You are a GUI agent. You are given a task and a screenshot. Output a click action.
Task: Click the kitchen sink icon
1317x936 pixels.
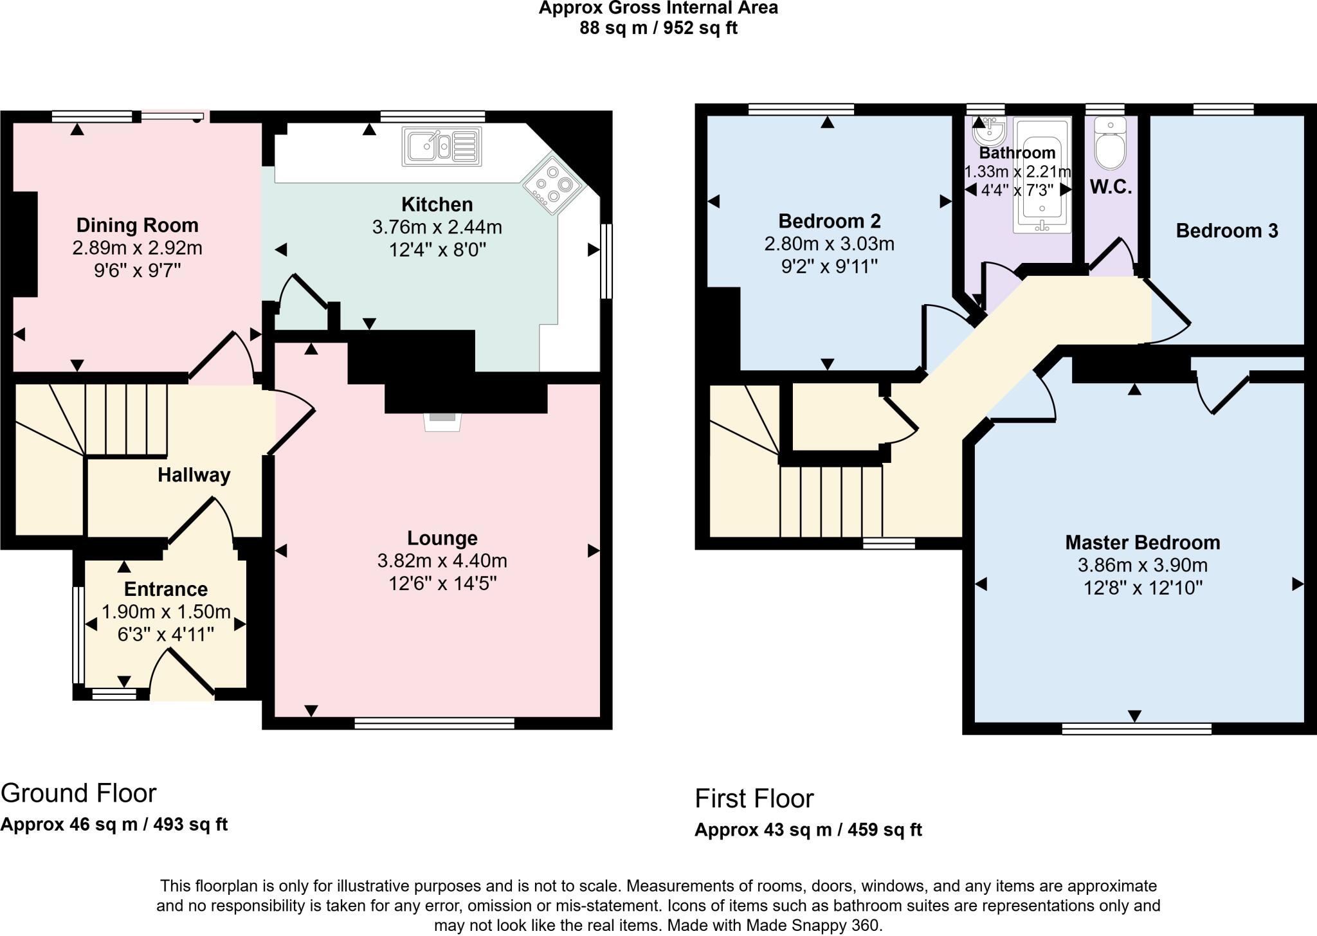pos(442,147)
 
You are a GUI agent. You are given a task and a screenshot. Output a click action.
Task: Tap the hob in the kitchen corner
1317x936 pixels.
pos(552,185)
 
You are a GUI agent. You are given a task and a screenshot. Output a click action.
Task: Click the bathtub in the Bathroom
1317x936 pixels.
pos(1042,175)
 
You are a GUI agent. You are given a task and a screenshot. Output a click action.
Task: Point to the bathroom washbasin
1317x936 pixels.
pos(989,132)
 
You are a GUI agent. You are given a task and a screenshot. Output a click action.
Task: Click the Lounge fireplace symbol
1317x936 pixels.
pos(442,421)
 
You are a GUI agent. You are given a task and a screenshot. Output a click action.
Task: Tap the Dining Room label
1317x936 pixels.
pos(138,226)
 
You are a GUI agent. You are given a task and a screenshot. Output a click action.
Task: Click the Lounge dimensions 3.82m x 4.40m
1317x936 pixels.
pos(442,561)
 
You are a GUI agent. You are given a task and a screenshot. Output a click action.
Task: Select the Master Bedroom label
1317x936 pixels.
pos(1143,543)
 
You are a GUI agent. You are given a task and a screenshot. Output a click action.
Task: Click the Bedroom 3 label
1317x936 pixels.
pos(1226,231)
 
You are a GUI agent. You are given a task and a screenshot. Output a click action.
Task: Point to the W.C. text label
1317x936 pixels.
pos(1111,187)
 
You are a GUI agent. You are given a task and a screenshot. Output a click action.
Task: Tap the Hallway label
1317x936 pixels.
pos(194,475)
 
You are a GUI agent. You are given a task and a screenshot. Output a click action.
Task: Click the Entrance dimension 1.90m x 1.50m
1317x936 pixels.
pos(166,611)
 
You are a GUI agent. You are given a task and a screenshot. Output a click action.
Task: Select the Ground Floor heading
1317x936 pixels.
pos(78,793)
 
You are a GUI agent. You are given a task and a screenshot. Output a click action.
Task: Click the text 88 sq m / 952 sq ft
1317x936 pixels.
pos(658,28)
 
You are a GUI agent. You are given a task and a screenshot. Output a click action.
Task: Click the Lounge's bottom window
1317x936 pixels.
pos(435,723)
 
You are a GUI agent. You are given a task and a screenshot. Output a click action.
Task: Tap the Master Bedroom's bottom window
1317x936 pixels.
pos(1136,728)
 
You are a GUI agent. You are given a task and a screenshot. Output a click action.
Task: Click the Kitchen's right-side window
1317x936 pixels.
pos(606,261)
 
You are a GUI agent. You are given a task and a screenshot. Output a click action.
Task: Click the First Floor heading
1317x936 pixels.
pos(754,799)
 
